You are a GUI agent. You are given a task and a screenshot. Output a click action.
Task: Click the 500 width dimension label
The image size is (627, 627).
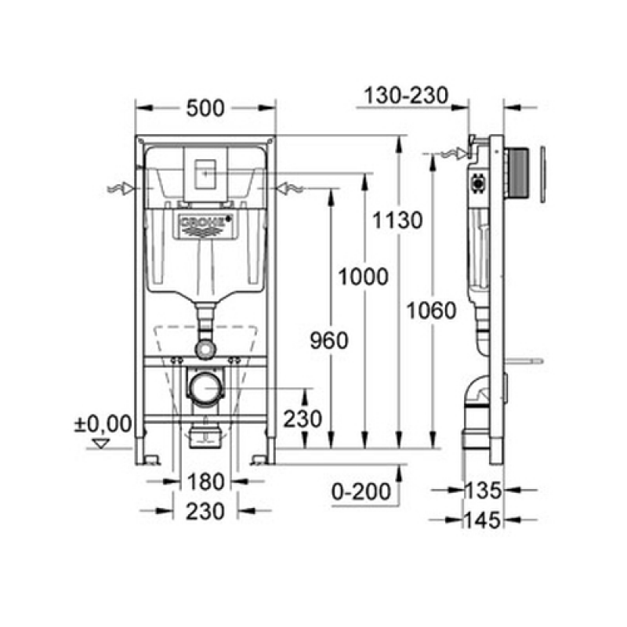[205, 108]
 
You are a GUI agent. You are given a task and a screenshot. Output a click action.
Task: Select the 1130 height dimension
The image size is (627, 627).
[397, 220]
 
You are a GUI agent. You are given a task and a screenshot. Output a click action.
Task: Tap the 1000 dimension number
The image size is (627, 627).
[363, 277]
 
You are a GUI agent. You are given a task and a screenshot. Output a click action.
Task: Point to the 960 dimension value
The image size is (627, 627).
[329, 341]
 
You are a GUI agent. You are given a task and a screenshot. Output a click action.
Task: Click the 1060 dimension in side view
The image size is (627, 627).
[431, 310]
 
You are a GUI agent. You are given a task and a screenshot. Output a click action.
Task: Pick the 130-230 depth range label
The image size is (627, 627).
[406, 96]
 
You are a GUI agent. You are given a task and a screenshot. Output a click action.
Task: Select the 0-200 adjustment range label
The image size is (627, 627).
[361, 491]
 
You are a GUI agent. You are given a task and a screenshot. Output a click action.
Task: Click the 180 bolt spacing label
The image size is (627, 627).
[205, 482]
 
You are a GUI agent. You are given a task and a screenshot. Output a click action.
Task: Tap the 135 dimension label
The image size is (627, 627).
[483, 491]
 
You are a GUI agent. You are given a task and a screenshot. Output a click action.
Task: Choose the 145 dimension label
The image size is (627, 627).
[483, 520]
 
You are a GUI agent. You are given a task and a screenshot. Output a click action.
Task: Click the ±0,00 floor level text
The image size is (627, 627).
[103, 424]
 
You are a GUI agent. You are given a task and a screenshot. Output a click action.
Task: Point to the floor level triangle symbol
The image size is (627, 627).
[101, 443]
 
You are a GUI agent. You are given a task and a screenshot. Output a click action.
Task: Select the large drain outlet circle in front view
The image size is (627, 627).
[205, 388]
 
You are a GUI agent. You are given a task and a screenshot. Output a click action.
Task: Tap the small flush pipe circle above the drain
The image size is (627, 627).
[205, 349]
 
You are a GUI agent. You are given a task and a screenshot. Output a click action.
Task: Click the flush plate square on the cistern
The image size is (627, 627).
[205, 174]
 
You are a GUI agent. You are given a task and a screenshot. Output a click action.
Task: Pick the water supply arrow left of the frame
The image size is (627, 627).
[121, 188]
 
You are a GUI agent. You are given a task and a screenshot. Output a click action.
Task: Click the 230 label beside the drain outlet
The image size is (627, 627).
[303, 419]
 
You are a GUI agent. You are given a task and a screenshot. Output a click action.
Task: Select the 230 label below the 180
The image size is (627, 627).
[205, 512]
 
